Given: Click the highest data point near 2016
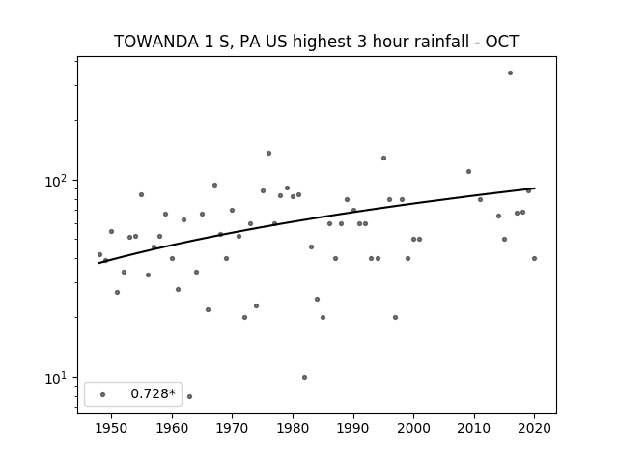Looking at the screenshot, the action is click(x=510, y=73).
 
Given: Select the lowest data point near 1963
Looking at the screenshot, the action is click(x=189, y=396).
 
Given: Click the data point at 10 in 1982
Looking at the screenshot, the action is click(x=304, y=378).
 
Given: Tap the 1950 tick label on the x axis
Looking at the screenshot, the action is click(x=112, y=428).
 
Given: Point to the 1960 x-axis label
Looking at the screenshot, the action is click(x=172, y=428).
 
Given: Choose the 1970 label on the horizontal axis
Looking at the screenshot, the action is click(x=233, y=428).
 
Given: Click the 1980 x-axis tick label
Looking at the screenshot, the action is click(x=293, y=428).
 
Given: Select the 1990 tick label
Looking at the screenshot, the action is click(x=353, y=428).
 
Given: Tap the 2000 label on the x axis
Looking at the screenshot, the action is click(x=414, y=428).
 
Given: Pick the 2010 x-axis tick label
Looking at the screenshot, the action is click(x=474, y=428).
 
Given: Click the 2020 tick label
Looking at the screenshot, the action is click(x=534, y=428).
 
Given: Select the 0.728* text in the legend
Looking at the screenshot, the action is click(x=153, y=393).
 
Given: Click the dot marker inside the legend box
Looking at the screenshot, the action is click(x=103, y=394).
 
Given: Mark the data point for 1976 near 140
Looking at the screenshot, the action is click(x=268, y=153).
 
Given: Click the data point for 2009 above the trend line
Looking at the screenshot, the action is click(x=468, y=172).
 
